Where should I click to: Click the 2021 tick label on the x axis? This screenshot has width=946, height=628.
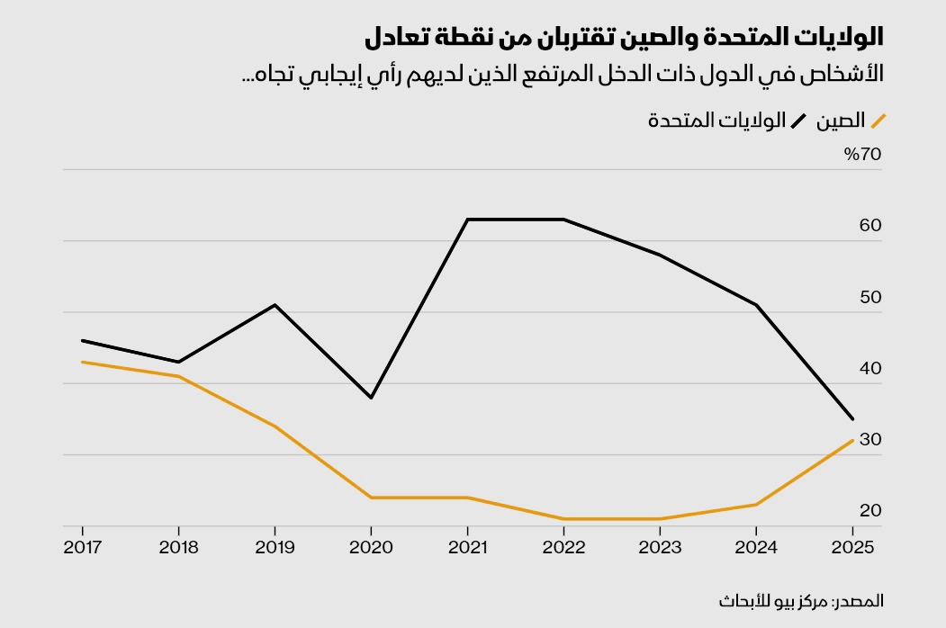coord(467,547)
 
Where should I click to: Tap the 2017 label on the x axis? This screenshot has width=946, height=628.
coord(82,547)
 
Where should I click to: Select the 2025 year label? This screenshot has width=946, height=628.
coord(852,547)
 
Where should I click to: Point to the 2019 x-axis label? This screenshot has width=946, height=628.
coord(275,547)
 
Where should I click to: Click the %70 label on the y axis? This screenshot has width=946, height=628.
coord(863,154)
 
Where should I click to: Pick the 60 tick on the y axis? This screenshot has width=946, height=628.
coord(870,225)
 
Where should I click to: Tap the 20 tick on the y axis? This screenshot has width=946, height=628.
coord(870,510)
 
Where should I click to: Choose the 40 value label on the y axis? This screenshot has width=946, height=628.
coord(870,368)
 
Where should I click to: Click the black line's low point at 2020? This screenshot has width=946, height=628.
coord(371,398)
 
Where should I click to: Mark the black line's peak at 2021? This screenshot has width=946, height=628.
coord(467,220)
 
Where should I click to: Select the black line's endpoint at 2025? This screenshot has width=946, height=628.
coord(852,418)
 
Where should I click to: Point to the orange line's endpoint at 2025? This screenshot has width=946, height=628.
coord(852,440)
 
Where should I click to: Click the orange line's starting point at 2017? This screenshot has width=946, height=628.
coord(82,362)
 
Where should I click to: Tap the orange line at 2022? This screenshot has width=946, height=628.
coord(563,519)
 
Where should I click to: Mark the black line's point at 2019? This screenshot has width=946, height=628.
coord(275,305)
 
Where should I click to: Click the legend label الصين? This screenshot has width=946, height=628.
coord(841,121)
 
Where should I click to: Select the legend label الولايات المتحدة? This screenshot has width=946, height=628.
coord(716,121)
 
